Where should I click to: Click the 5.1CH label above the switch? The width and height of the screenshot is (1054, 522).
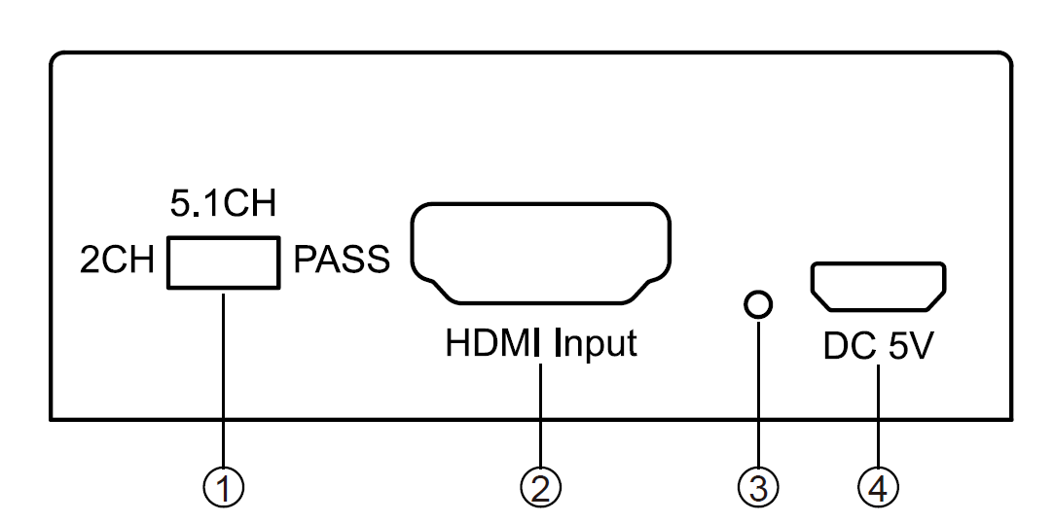(x=223, y=205)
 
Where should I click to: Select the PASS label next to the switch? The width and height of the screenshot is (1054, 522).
(x=343, y=261)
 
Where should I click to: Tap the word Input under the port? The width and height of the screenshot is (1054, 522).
(x=596, y=345)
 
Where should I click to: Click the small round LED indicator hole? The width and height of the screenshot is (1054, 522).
(x=757, y=305)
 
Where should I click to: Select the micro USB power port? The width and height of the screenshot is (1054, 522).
(x=876, y=286)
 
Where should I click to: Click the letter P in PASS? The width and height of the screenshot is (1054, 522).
(x=304, y=261)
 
